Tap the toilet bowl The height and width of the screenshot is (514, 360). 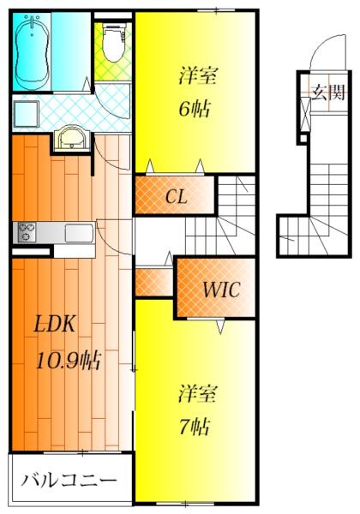coord(113,42)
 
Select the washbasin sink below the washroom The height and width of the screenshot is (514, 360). coord(72,139)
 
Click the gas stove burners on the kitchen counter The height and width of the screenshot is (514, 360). coord(27,232)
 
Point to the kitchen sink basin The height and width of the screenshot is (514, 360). coord(79,233)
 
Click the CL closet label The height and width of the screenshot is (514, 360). coord(176,197)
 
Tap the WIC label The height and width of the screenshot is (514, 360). coord(221,290)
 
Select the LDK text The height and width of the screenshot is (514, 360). coord(55,324)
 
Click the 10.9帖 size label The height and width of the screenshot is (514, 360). coord(69,360)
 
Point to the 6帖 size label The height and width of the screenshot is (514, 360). coord(195,109)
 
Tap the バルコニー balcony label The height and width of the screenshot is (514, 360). coord(69,481)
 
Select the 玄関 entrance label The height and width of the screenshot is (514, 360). coord(328,93)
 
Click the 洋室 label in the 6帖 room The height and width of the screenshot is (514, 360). coord(198,75)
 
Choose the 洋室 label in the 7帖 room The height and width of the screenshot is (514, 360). coord(198,393)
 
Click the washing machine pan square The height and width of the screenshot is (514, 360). coord(26,113)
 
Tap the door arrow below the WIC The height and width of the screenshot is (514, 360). coord(220,326)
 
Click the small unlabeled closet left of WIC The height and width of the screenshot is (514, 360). coord(154,282)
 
